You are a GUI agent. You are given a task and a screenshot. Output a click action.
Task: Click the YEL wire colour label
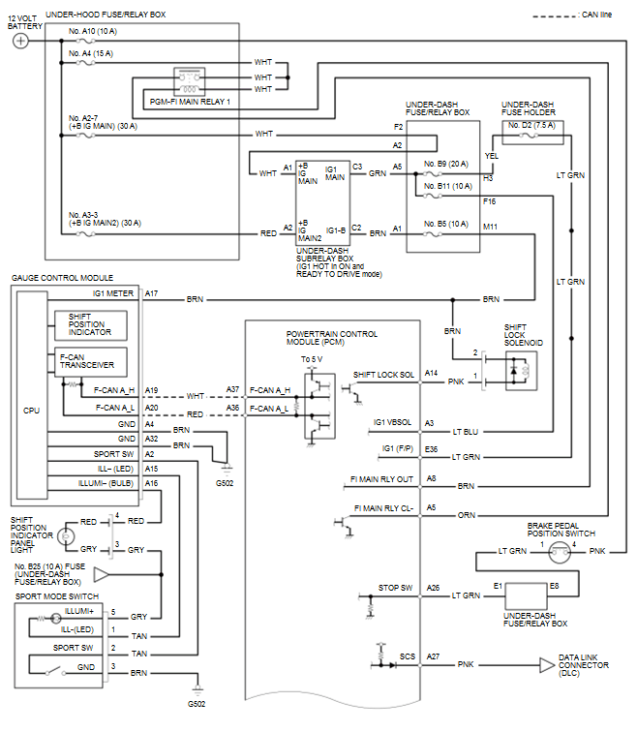pos(491,155)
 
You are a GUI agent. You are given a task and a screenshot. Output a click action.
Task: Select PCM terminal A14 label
pos(430,373)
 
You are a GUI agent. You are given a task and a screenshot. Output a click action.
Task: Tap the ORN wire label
pos(466,515)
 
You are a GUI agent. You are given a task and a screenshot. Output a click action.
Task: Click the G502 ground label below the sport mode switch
pos(197,703)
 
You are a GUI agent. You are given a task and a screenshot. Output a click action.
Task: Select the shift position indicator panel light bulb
pos(66,534)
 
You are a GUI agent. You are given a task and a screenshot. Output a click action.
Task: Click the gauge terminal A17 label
pos(151,291)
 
